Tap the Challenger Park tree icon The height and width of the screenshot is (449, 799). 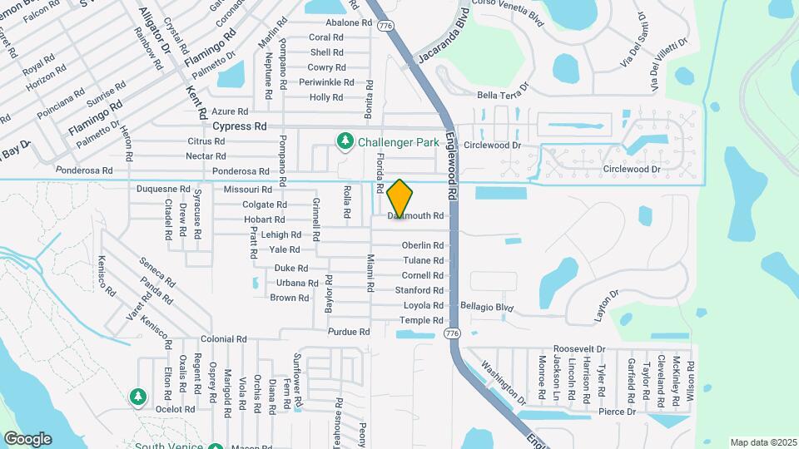coord(345,142)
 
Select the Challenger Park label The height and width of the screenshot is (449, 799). coord(398,142)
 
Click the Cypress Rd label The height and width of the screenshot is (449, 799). coord(240,126)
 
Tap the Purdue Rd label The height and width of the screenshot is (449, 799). coord(349,332)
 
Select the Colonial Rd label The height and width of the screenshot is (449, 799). coord(224,339)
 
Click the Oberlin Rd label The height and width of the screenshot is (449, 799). coord(422,245)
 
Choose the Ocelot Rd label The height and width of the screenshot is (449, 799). coord(175,409)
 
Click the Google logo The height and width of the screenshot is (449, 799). coord(27,438)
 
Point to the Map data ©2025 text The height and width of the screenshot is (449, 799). coord(762,442)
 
